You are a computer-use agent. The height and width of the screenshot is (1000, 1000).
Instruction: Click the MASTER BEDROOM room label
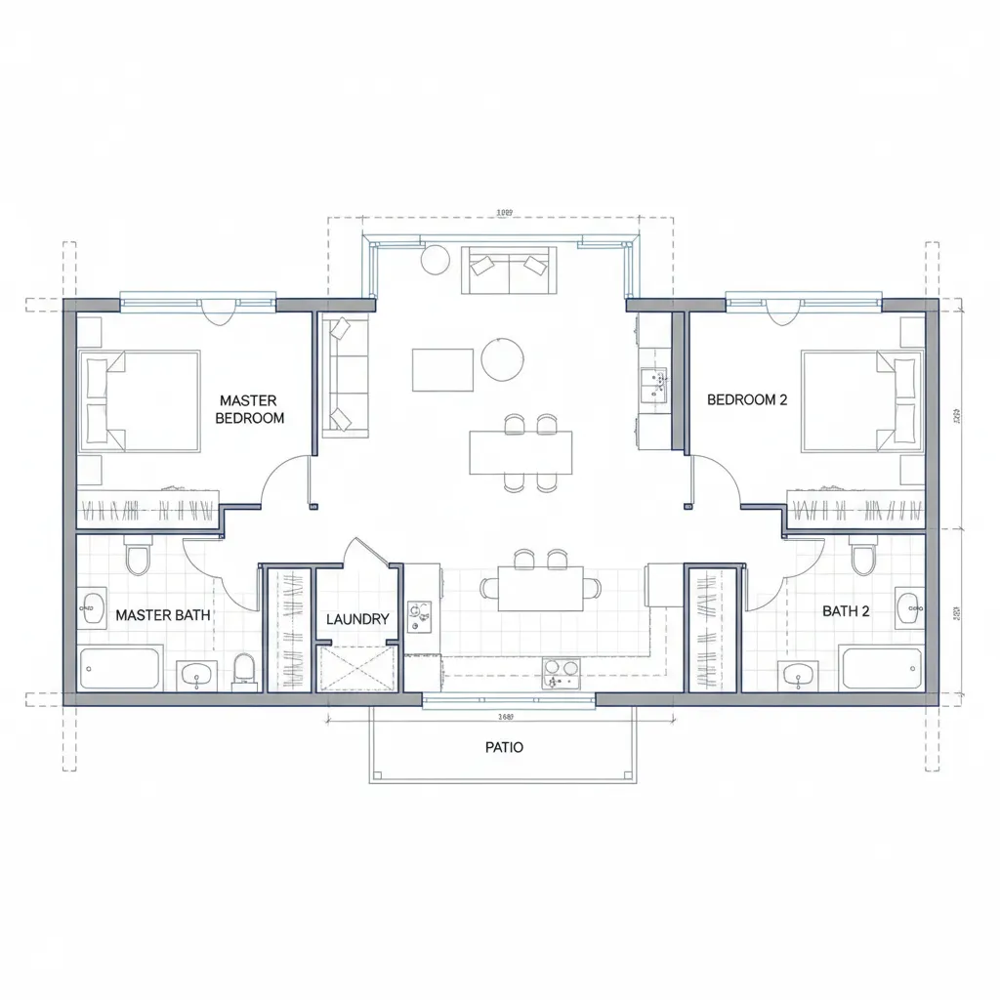pos(249,409)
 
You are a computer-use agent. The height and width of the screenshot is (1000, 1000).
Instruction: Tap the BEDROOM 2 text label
pos(746,399)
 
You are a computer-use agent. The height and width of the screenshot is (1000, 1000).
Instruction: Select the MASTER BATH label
pos(162,615)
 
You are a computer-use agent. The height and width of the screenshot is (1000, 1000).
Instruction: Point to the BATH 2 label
pos(845,611)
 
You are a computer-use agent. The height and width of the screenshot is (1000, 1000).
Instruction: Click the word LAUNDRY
pos(357,619)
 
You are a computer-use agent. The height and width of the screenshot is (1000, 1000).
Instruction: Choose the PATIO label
pos(504,747)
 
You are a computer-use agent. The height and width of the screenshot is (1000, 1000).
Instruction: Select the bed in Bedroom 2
pos(860,401)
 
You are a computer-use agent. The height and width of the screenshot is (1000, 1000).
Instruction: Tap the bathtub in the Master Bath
pos(121,670)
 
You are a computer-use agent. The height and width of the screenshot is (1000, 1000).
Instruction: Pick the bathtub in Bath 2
pos(881,670)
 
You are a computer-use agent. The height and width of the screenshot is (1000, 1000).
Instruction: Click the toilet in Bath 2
pos(862,558)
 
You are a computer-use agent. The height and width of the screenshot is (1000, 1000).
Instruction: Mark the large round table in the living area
pos(502,358)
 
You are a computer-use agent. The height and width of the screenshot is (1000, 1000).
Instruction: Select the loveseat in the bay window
pos(508,269)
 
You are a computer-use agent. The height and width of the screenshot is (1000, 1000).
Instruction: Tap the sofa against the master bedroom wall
pos(346,375)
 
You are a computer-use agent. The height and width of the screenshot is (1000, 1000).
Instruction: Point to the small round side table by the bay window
pos(435,260)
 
